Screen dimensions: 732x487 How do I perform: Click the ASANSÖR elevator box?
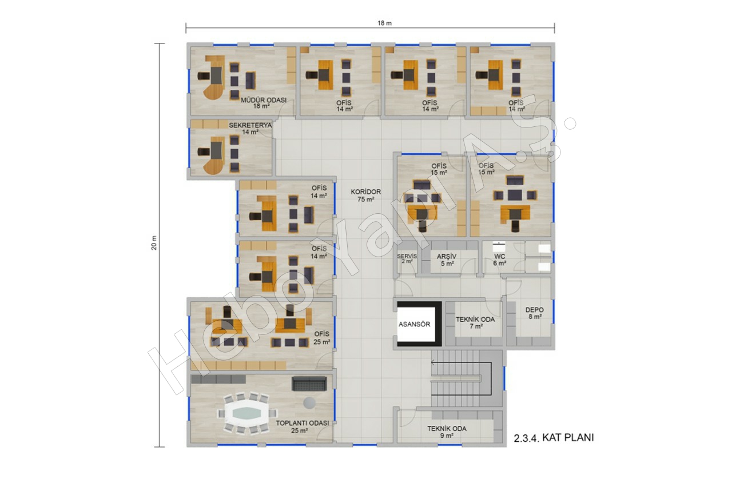coord(419,324)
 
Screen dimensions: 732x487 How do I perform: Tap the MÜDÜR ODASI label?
coord(264,100)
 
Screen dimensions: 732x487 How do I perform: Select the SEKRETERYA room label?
coord(250,125)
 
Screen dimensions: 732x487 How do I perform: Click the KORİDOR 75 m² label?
coord(365,195)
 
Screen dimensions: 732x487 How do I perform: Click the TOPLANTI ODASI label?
coord(303,423)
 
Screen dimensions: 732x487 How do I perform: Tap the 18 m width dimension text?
coord(385,23)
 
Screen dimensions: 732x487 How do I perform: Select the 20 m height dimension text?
coord(154,243)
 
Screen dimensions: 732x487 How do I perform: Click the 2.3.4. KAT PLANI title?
coord(554,438)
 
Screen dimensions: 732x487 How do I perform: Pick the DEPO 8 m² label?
coord(535,313)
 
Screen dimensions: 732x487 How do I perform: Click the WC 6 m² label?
coord(500,260)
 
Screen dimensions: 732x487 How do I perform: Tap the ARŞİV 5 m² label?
coord(447,260)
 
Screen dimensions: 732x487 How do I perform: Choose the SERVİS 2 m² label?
coord(407,259)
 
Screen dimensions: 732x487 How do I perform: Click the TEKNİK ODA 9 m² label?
coord(447,432)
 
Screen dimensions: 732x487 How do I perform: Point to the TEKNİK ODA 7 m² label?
coord(475,322)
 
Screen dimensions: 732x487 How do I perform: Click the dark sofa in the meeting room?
coord(309,384)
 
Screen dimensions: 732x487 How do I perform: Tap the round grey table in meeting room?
coord(309,402)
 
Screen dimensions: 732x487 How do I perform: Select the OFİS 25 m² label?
coord(322,338)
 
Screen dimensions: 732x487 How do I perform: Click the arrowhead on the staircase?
coord(433,362)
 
